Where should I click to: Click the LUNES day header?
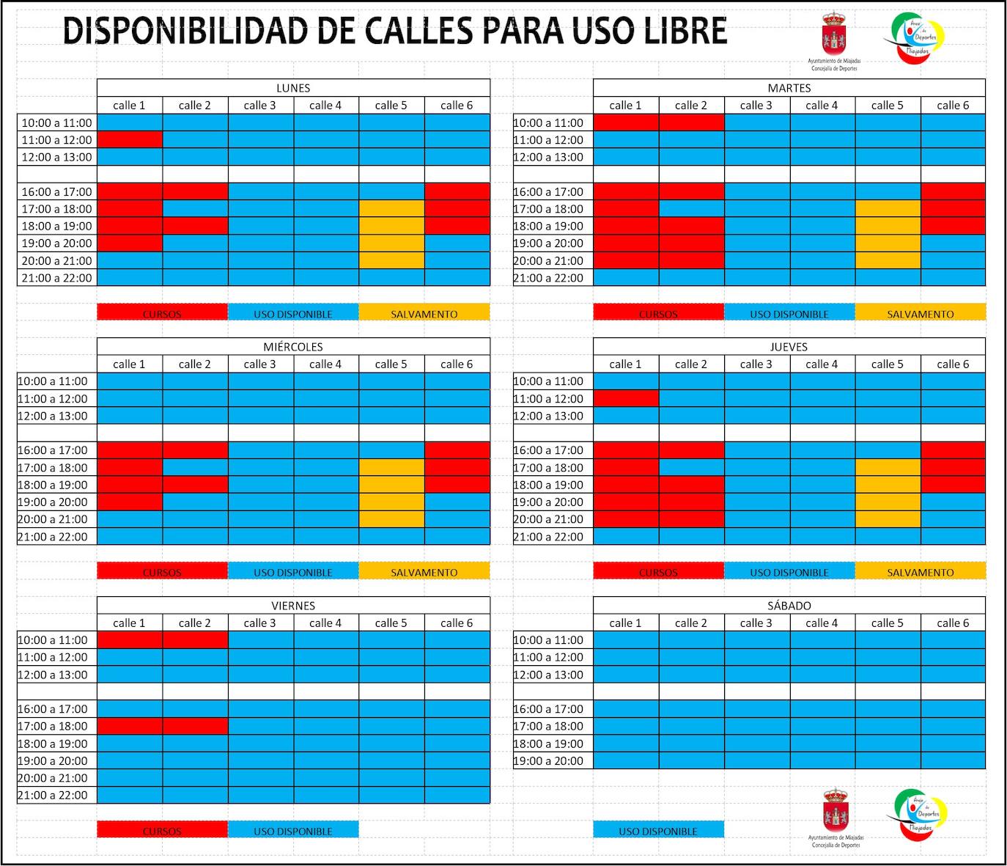[293, 88]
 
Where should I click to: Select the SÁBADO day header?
[789, 606]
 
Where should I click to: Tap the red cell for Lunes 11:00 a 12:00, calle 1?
[130, 140]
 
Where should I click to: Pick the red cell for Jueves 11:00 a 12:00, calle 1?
[626, 399]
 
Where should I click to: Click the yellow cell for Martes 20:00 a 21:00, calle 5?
[888, 260]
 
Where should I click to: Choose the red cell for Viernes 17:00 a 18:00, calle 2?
[195, 726]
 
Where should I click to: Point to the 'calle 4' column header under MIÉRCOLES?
[325, 364]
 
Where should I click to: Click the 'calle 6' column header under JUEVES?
[953, 364]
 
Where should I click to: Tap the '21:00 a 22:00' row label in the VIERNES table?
[53, 795]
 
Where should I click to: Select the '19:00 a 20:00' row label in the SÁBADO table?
[549, 761]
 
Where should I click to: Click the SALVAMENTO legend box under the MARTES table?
[921, 314]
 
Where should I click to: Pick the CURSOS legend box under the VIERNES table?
[162, 831]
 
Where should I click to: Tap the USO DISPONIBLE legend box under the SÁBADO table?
[658, 831]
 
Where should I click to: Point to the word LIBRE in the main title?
[680, 32]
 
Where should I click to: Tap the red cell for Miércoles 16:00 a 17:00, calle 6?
[457, 450]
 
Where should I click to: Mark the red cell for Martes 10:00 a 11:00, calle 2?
[691, 122]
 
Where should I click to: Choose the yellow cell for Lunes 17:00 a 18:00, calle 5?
[391, 209]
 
